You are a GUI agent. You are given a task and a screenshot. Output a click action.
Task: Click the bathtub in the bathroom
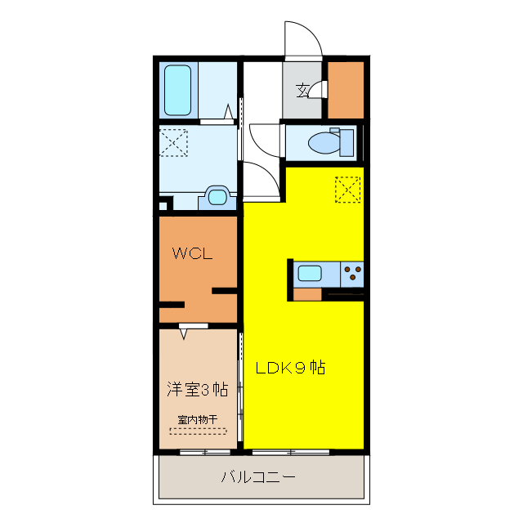[177, 89]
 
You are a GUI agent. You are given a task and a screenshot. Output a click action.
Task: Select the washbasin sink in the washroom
[217, 196]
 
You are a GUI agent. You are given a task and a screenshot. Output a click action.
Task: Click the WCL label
[192, 253]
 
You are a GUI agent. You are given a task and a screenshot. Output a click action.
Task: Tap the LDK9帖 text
[291, 368]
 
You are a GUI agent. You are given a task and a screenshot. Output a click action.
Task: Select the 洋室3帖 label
[197, 388]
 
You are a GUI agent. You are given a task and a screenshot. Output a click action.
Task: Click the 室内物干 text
[198, 419]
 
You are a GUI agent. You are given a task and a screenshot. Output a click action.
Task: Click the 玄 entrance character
[302, 89]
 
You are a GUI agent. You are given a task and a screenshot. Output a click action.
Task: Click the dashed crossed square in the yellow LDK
[348, 190]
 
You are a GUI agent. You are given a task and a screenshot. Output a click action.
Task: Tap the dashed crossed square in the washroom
[173, 142]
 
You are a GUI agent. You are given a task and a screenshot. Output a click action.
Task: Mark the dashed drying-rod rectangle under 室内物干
[198, 430]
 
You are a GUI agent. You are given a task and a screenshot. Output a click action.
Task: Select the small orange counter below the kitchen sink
[307, 294]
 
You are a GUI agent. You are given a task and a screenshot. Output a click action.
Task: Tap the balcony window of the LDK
[291, 452]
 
